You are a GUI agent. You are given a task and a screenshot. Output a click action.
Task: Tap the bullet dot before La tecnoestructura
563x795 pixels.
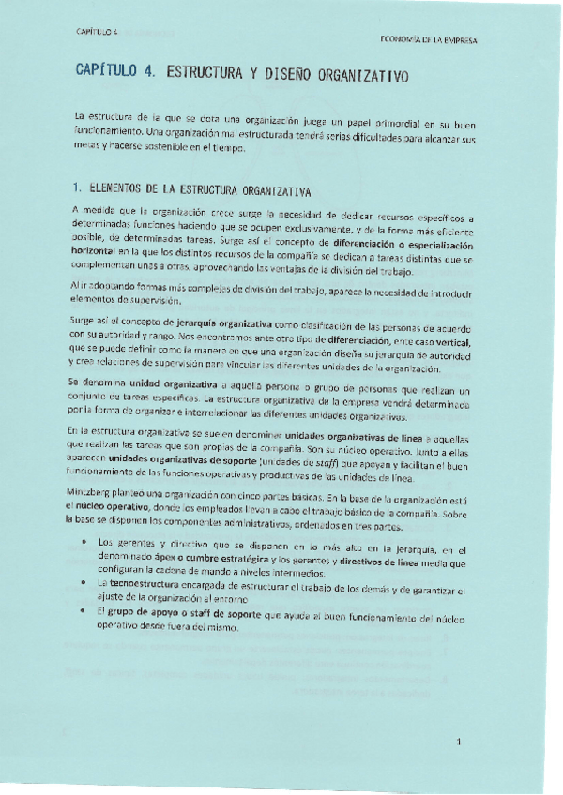pos(85,582)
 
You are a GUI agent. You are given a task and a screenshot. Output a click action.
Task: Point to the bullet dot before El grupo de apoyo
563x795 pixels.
pos(85,610)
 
